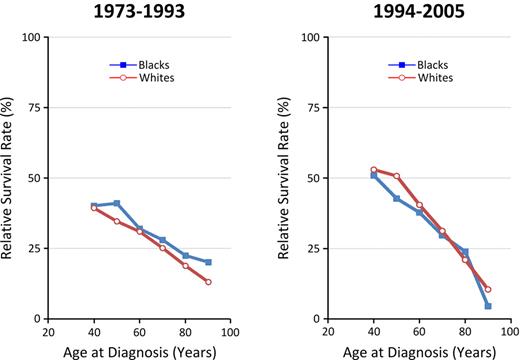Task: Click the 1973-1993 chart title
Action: [x=139, y=13]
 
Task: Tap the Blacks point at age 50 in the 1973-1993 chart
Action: [x=117, y=203]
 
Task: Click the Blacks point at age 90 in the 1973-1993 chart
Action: [x=208, y=262]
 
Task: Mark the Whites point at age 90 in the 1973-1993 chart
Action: [x=208, y=282]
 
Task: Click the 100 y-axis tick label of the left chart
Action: [x=34, y=37]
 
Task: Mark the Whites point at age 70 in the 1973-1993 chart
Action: [x=163, y=247]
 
